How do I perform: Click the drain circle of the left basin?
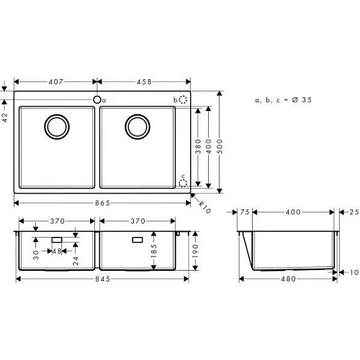click(55, 127)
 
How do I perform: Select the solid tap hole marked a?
click(96, 99)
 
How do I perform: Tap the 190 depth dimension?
click(195, 251)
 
